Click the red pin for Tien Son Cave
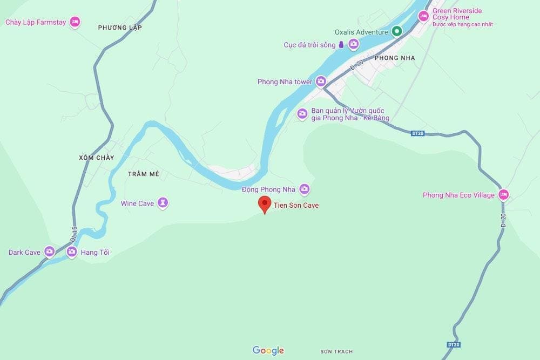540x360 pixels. click(x=265, y=204)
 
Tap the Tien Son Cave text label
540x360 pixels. click(x=296, y=206)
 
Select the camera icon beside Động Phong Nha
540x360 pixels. click(x=305, y=189)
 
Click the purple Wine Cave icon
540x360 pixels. click(x=163, y=203)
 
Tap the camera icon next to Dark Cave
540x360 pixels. click(x=50, y=252)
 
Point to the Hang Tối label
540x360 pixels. click(x=95, y=252)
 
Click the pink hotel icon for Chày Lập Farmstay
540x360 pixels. click(x=75, y=22)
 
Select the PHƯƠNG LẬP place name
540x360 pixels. click(x=120, y=28)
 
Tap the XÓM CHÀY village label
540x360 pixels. click(x=97, y=158)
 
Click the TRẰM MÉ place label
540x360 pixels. click(x=144, y=174)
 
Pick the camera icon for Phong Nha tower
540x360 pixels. click(x=321, y=81)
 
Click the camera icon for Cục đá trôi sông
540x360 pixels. click(x=353, y=45)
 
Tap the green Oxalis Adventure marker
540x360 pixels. click(x=396, y=32)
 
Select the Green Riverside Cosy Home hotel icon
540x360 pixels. click(x=424, y=17)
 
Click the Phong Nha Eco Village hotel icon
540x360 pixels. click(x=503, y=195)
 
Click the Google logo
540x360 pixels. click(x=268, y=350)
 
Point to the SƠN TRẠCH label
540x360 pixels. click(x=336, y=351)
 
